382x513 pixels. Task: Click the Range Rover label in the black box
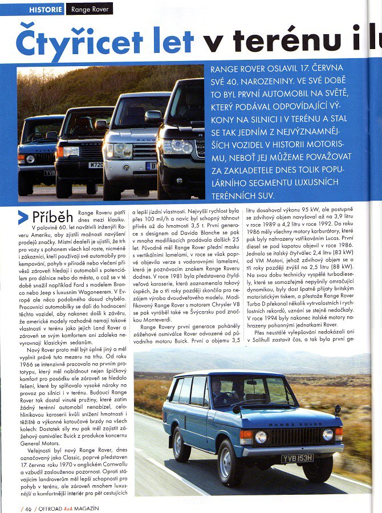coord(90,9)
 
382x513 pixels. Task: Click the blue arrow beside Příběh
coord(22,217)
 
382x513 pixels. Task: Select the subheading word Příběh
coord(51,217)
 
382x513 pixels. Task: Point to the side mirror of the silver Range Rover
coord(153,116)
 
